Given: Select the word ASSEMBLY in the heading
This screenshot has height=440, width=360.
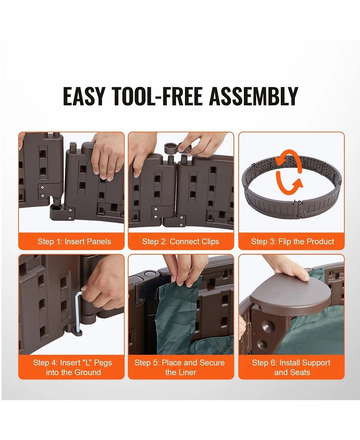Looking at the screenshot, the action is point(253,96).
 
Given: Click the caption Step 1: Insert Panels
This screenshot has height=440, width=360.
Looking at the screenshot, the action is point(74,241).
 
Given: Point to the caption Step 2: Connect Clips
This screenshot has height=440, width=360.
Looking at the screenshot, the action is point(180,241).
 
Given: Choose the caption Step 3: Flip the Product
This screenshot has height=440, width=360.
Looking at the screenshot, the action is point(292,241).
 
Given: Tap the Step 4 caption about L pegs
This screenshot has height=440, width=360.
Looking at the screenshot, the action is point(72,367).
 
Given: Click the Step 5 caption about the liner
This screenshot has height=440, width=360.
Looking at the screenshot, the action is point(180,367).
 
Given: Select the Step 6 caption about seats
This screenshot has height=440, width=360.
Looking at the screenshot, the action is point(291,367).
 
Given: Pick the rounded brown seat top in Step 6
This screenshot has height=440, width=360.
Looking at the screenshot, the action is point(292,292).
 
